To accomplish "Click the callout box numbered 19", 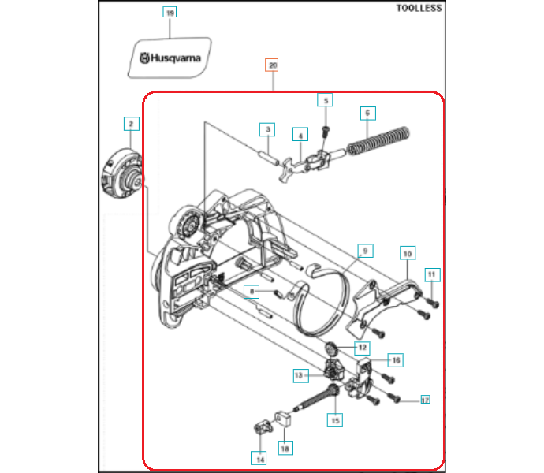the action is coord(170,12).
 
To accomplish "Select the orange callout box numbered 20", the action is coord(272,65).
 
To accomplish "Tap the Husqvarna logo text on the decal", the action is coord(170,58).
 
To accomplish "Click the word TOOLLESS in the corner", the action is coord(419,8).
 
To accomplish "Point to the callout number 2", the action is coord(131,124).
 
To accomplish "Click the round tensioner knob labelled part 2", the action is coord(121,173).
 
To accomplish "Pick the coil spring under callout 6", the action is coord(378,141).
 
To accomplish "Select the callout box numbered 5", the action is coord(325,100).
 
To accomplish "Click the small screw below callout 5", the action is coord(325,132).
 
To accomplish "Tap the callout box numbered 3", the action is coord(267,129).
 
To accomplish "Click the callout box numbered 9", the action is coord(365,251).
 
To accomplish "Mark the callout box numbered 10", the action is coord(408,253).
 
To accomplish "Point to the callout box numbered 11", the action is coord(432,274).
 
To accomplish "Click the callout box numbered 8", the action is coord(252,292).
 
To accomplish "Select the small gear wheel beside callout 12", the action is coord(331,348).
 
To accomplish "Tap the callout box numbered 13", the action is coord(301,375).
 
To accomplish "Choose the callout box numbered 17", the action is coord(425,400).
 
